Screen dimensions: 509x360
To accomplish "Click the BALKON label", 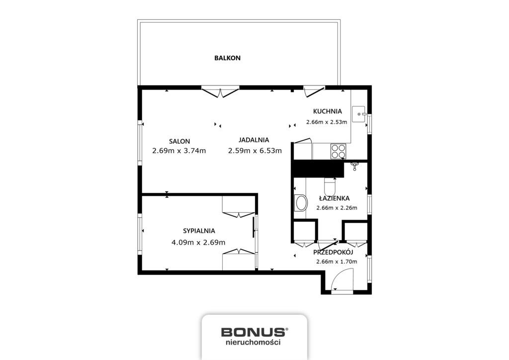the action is pyautogui.click(x=227, y=58).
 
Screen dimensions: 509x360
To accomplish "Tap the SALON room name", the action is pyautogui.click(x=179, y=141).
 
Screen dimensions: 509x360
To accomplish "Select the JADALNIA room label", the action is pyautogui.click(x=254, y=140).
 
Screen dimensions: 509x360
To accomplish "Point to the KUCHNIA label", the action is pyautogui.click(x=327, y=111).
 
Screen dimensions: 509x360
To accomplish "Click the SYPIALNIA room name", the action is pyautogui.click(x=199, y=231).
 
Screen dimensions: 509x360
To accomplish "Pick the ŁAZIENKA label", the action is pyautogui.click(x=334, y=198).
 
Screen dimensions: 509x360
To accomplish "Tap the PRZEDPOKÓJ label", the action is pyautogui.click(x=333, y=252).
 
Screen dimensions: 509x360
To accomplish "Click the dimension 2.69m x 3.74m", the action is pyautogui.click(x=179, y=151).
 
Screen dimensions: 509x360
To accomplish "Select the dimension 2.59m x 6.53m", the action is pyautogui.click(x=255, y=151).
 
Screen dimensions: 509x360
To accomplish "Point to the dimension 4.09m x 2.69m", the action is pyautogui.click(x=198, y=243).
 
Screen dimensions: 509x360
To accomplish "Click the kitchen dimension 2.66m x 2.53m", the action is pyautogui.click(x=327, y=122).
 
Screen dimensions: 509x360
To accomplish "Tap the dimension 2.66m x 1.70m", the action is pyautogui.click(x=337, y=262).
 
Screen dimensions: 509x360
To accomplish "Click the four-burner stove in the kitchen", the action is pyautogui.click(x=338, y=151).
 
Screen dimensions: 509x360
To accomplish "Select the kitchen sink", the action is pyautogui.click(x=359, y=114).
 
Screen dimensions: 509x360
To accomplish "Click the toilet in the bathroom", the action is pyautogui.click(x=330, y=187).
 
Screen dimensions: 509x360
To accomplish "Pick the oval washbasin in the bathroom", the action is pyautogui.click(x=301, y=203).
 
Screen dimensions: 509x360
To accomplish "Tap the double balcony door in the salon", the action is pyautogui.click(x=220, y=92).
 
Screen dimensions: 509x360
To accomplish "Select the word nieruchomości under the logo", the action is pyautogui.click(x=253, y=342).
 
